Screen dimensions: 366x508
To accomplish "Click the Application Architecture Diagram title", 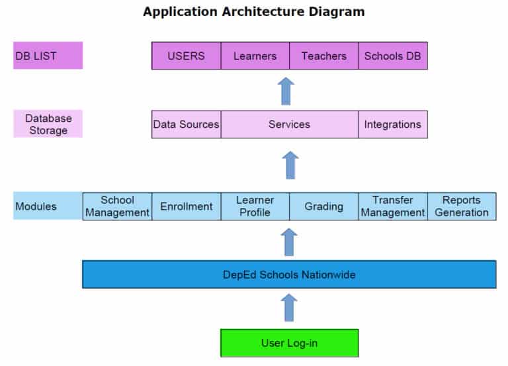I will tap(254, 12).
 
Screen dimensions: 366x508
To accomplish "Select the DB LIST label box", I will tap(48, 56).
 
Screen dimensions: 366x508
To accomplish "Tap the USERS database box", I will tap(186, 56).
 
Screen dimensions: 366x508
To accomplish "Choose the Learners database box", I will tap(255, 56).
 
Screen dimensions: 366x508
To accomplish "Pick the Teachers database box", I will tap(324, 56).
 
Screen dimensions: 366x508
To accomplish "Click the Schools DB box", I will tap(393, 56).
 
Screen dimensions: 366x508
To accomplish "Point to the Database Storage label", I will tap(48, 124).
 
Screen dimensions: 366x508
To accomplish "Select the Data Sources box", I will tap(186, 124).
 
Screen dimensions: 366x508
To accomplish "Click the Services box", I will tap(289, 124).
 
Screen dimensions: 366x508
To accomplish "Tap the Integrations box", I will tap(393, 124).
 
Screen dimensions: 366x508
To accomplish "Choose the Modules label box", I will tap(48, 206).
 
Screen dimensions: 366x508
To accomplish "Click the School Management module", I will tap(117, 206).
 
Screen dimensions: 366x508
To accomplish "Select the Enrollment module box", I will tap(186, 206).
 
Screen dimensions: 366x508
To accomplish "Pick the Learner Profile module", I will tap(255, 206).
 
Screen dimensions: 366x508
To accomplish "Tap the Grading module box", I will tap(323, 206).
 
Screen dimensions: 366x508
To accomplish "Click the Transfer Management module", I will tap(393, 206).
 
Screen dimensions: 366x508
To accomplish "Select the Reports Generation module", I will tap(462, 206).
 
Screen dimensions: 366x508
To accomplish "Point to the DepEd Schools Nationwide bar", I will tap(289, 274).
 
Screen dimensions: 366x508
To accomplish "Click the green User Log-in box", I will tap(289, 343).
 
